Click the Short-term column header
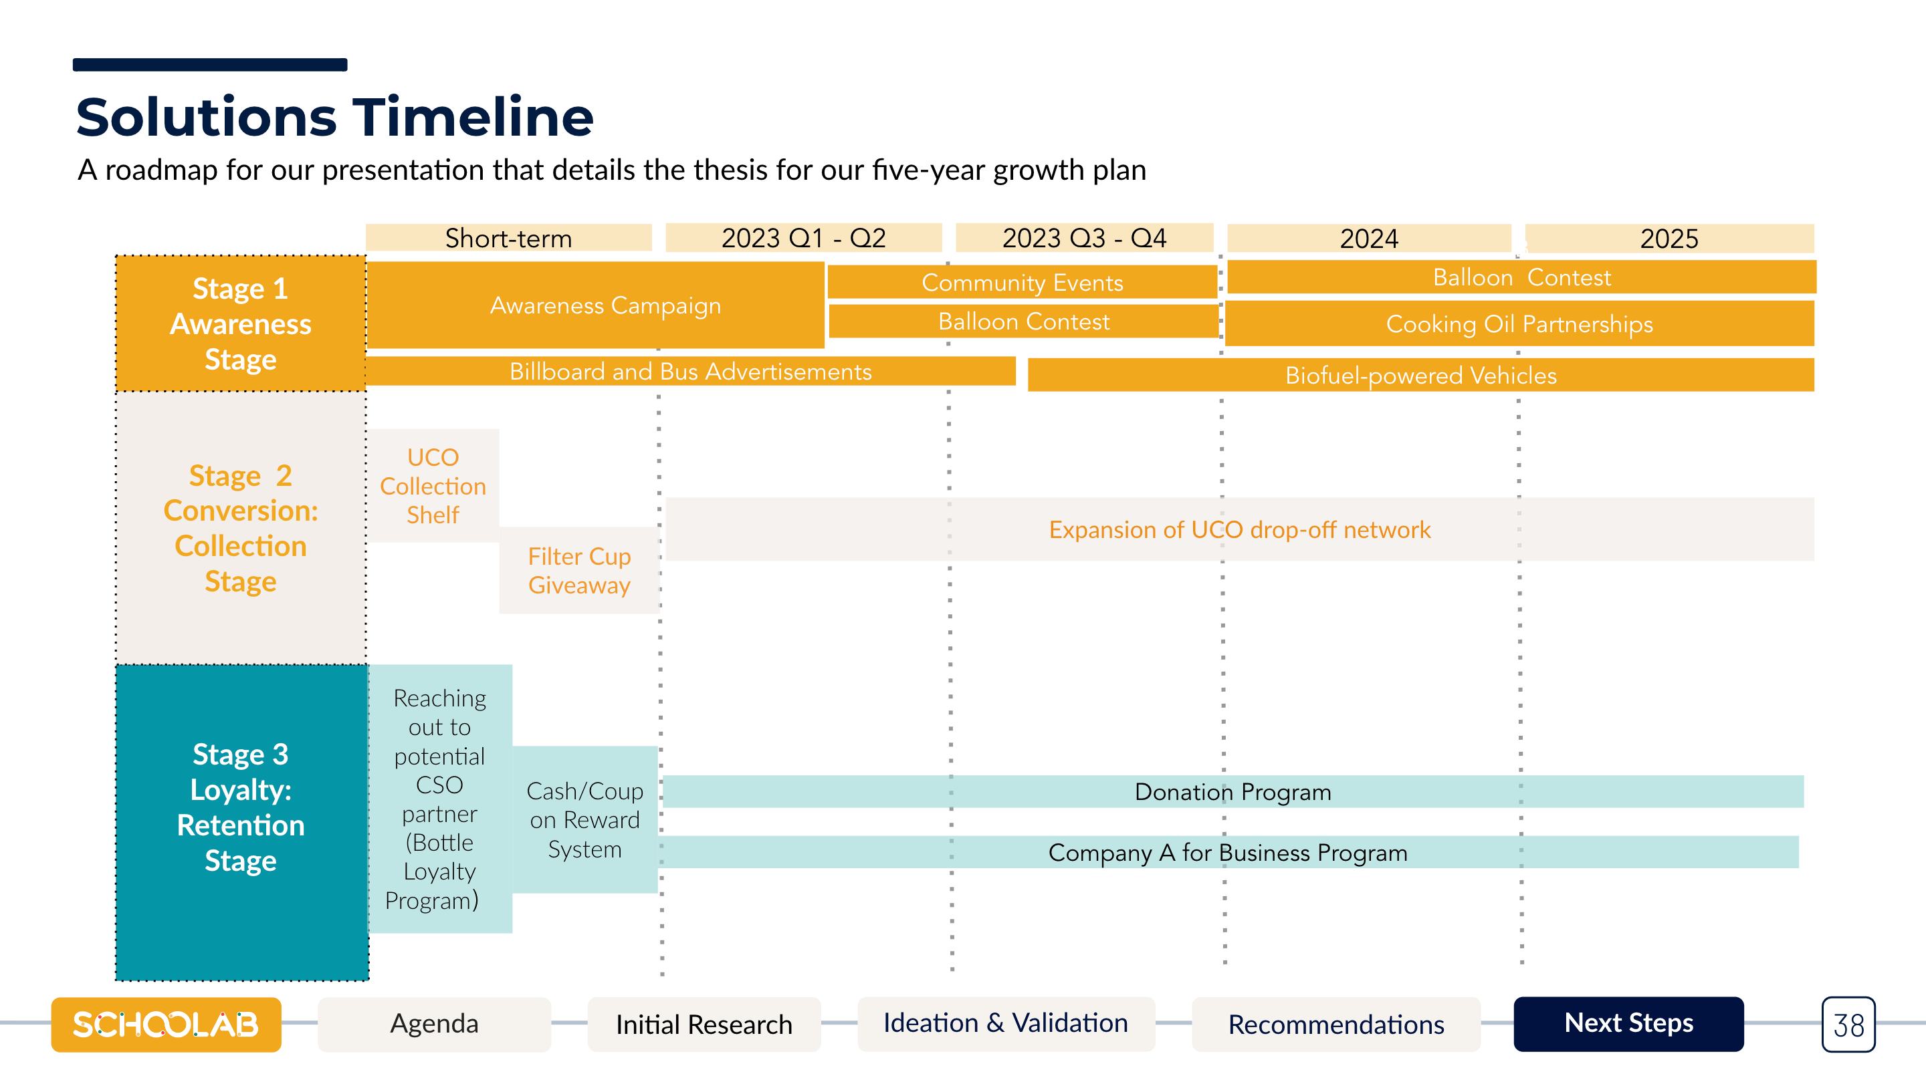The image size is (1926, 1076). (508, 238)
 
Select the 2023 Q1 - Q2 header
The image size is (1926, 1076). (804, 238)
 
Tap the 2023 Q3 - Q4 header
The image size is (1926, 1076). (1084, 238)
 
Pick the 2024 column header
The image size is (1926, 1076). (1369, 239)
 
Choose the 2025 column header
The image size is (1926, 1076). (1670, 239)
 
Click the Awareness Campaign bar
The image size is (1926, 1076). (595, 305)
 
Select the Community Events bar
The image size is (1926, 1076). (1022, 283)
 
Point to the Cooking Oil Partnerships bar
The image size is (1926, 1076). (1520, 323)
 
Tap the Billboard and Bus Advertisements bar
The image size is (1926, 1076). (690, 372)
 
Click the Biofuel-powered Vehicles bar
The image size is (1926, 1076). (1420, 375)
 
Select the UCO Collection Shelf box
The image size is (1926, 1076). (433, 486)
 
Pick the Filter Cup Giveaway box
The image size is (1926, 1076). (579, 571)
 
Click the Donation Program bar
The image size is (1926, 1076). (1234, 792)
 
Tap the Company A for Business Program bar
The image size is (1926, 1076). (1229, 853)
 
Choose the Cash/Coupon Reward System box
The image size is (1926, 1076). (584, 820)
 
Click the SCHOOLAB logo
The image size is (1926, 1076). (166, 1025)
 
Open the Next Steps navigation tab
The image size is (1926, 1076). (1628, 1024)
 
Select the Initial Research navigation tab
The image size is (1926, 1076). (704, 1025)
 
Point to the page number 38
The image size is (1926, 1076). (1848, 1025)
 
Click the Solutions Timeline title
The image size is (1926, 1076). (335, 118)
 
